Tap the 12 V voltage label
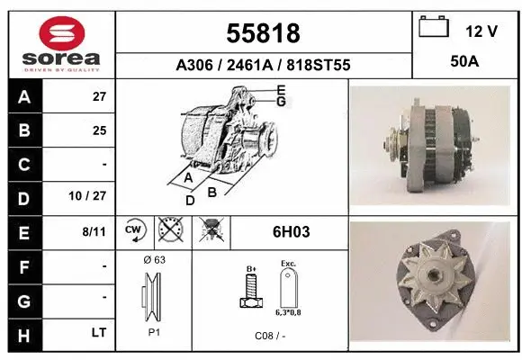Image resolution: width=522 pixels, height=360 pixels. click(x=481, y=31)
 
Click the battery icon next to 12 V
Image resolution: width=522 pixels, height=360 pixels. click(x=435, y=29)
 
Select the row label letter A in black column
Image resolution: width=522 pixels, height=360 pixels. click(x=23, y=97)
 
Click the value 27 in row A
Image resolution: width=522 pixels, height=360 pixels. click(x=99, y=97)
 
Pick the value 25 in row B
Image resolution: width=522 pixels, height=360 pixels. click(x=99, y=130)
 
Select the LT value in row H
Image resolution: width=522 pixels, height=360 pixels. click(x=98, y=332)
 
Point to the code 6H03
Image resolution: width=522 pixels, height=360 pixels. click(x=291, y=232)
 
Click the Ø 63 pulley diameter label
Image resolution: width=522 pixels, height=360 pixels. click(x=153, y=259)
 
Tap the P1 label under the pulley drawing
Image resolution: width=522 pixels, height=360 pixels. click(x=153, y=331)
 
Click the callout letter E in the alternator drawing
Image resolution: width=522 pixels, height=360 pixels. click(x=281, y=90)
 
